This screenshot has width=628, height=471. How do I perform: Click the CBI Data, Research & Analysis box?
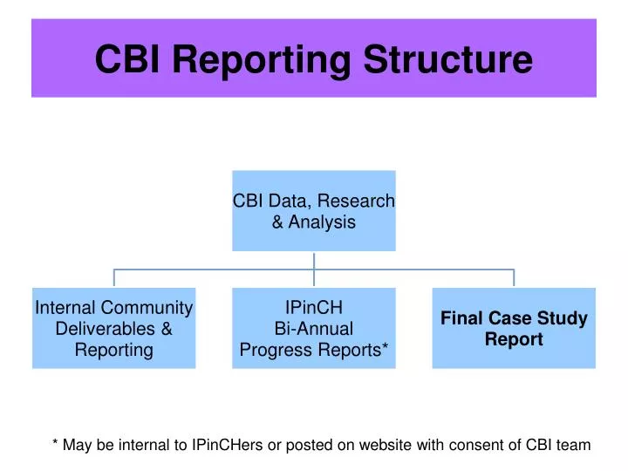tap(313, 210)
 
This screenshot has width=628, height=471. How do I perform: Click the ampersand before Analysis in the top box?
tap(277, 222)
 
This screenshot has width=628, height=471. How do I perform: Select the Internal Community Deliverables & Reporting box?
tap(113, 328)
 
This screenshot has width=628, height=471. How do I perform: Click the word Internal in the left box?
tap(65, 307)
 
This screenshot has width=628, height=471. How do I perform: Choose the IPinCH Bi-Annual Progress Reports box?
tap(313, 328)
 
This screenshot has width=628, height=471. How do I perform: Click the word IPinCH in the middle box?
tap(313, 307)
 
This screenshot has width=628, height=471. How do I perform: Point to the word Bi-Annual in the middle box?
tap(313, 329)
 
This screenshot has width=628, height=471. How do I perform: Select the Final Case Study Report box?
tap(514, 328)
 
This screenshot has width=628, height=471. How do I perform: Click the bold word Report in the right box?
tap(514, 339)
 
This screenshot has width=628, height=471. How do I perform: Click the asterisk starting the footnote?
tap(56, 443)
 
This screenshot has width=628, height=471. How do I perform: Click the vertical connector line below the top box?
tap(314, 260)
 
